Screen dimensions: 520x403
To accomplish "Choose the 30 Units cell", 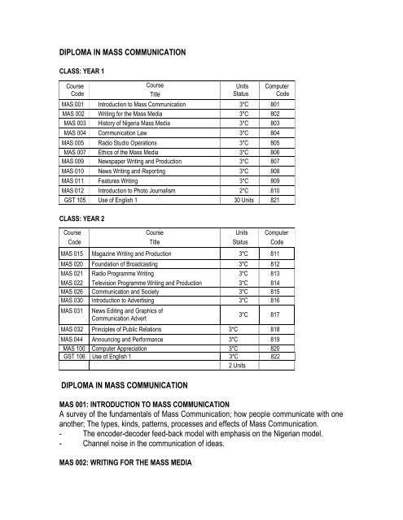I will [x=243, y=198].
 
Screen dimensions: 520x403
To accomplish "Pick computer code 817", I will [x=275, y=313].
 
